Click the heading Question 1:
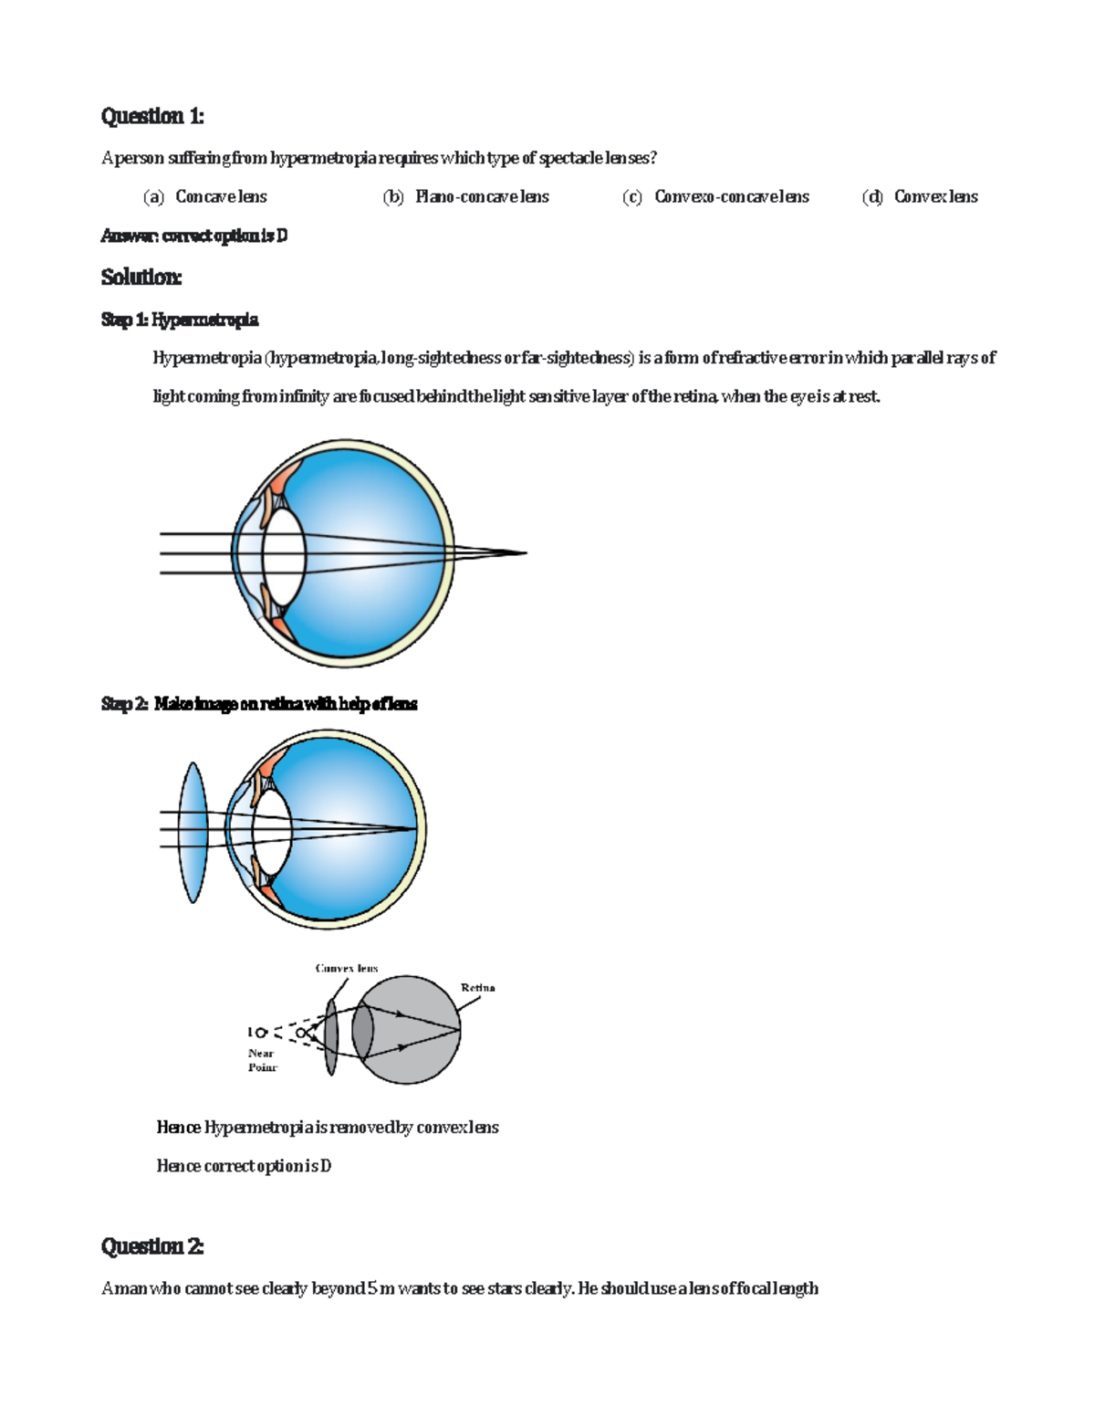tap(152, 116)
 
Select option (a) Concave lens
tap(204, 196)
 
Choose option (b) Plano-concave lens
tap(465, 196)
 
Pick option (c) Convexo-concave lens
tap(715, 196)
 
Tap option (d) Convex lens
tap(920, 196)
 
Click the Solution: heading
tap(141, 277)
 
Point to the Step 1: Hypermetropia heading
tap(180, 320)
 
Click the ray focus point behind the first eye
tap(526, 552)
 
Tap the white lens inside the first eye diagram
tap(284, 553)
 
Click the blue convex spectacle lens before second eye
tap(193, 833)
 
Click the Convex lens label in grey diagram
tap(347, 968)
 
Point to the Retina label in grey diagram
tap(477, 988)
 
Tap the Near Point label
tap(263, 1060)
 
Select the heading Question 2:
tap(152, 1246)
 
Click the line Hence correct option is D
tap(244, 1166)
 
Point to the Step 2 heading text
tap(259, 704)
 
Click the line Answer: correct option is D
tap(194, 236)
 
